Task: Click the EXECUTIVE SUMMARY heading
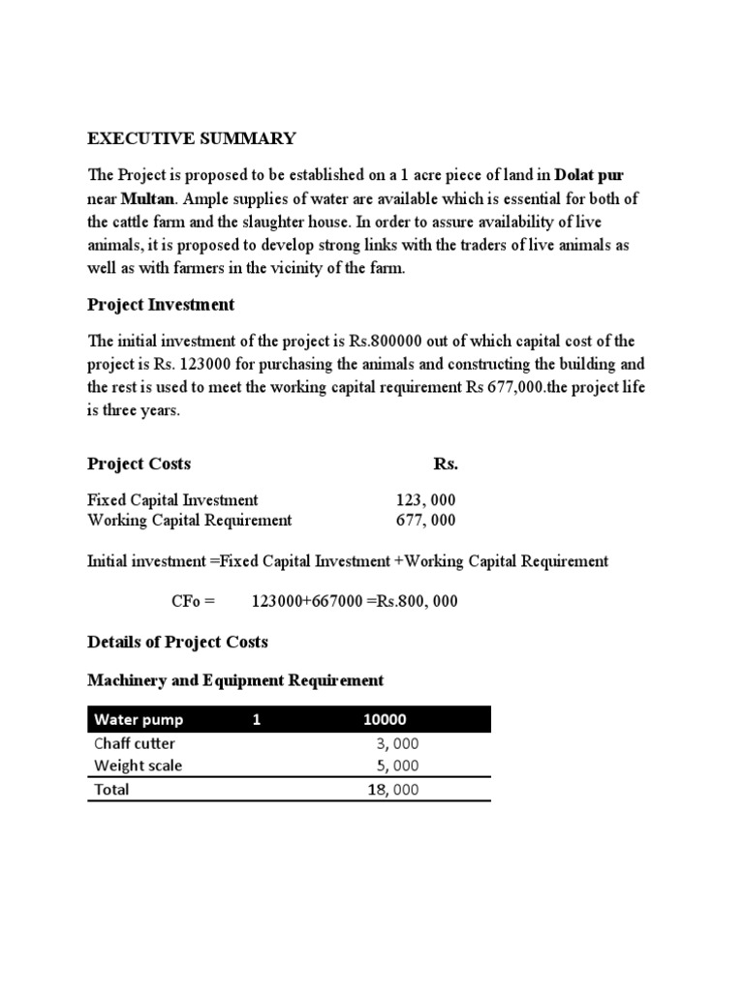click(192, 139)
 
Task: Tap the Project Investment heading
click(161, 305)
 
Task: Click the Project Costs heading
click(139, 464)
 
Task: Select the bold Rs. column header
click(446, 464)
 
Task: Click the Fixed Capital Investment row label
click(172, 500)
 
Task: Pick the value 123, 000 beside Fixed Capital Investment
click(425, 500)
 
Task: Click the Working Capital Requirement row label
click(189, 521)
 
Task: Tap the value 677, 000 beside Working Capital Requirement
click(425, 521)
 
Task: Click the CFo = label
click(195, 601)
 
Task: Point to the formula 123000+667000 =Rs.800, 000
click(355, 601)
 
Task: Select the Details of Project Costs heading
click(177, 642)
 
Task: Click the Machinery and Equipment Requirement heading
click(235, 681)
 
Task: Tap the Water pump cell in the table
click(139, 720)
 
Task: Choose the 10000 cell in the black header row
click(385, 720)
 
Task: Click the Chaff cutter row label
click(135, 743)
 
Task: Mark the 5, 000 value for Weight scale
click(397, 766)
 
